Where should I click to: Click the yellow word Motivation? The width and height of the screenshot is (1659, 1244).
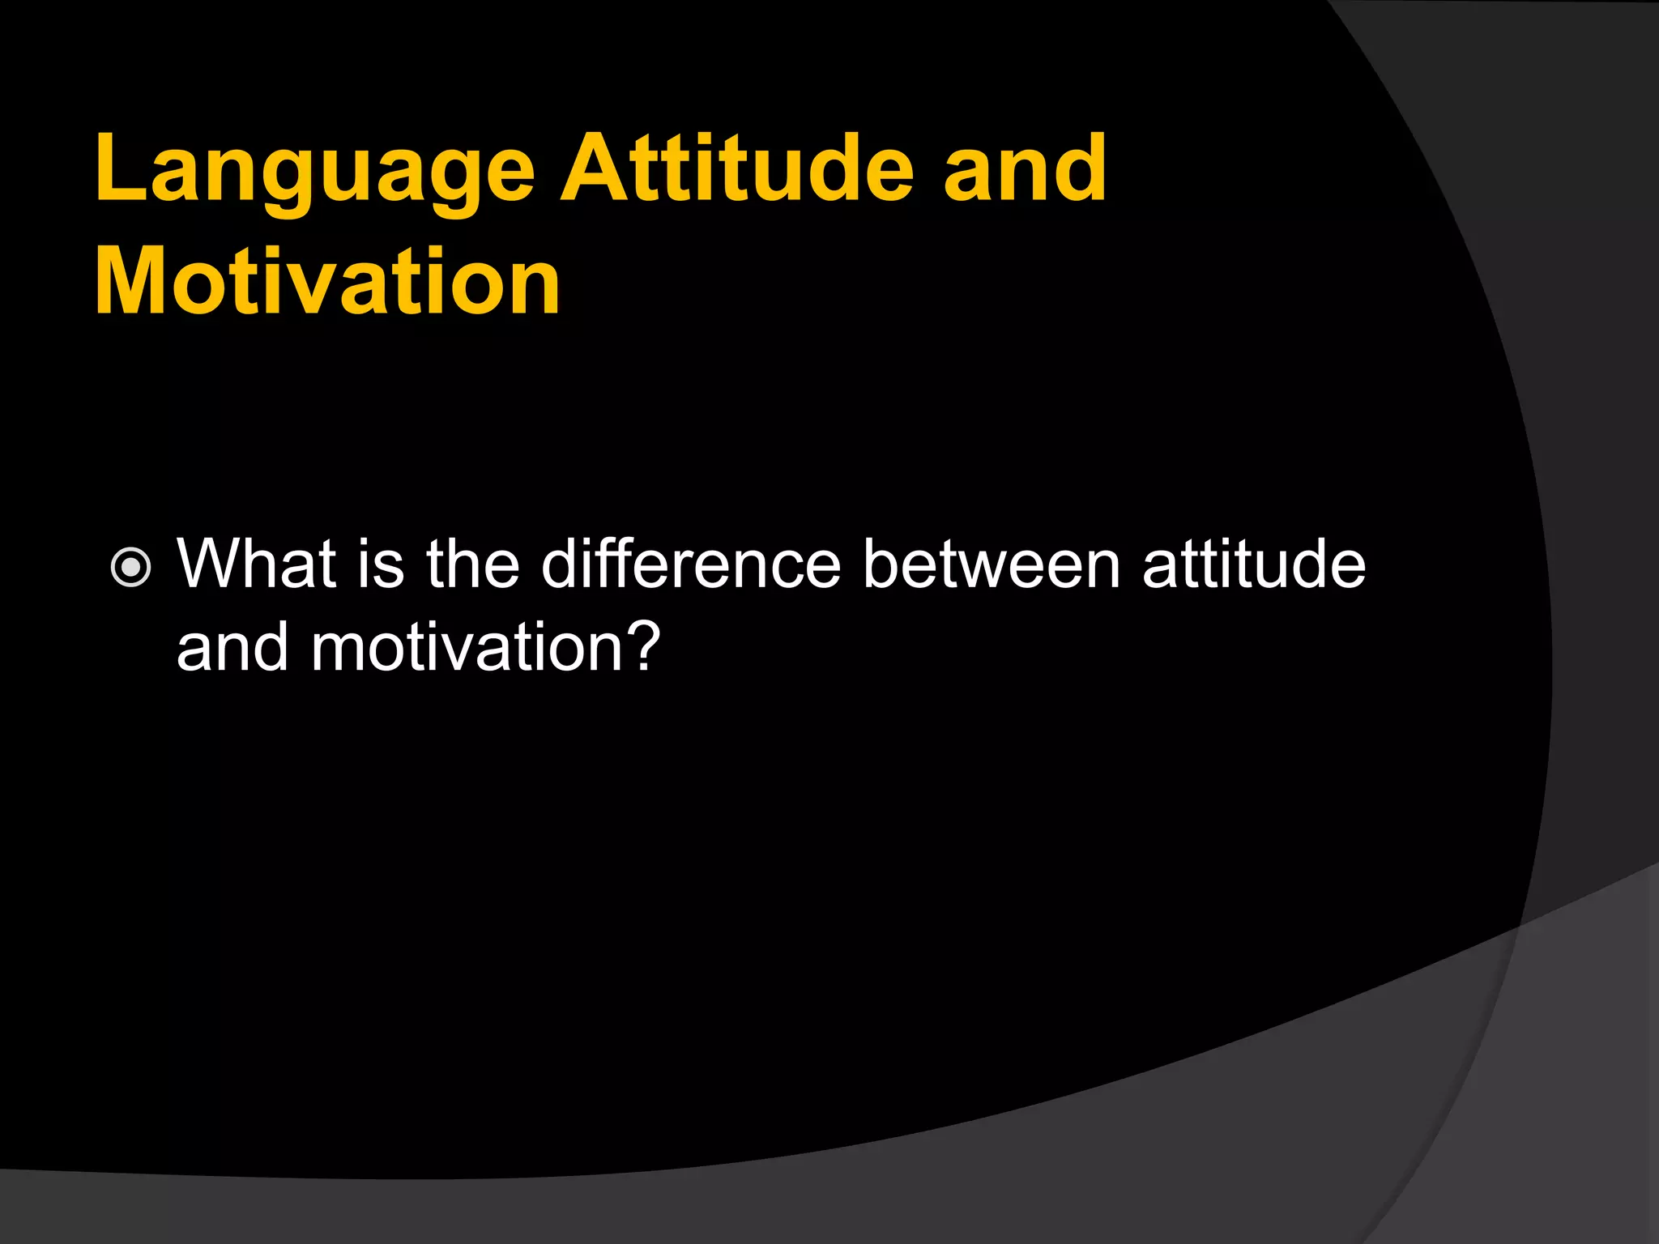pyautogui.click(x=327, y=282)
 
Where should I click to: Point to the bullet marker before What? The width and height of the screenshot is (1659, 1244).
pyautogui.click(x=130, y=567)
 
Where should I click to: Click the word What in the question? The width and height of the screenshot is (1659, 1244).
pyautogui.click(x=257, y=564)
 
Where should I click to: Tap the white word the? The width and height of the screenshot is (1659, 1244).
pyautogui.click(x=472, y=564)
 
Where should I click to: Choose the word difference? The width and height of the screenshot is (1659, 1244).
pyautogui.click(x=691, y=564)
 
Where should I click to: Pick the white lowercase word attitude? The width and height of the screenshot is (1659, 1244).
pyautogui.click(x=1254, y=564)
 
